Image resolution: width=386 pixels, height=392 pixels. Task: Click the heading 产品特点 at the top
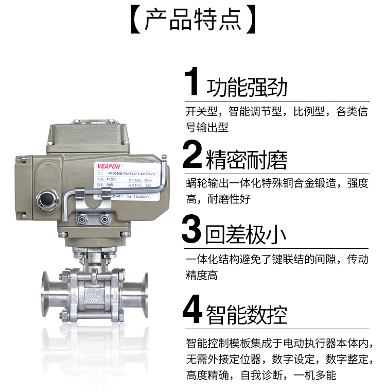(192, 19)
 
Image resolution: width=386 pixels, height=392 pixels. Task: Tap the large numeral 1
(192, 82)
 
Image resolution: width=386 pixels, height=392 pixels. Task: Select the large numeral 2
(192, 156)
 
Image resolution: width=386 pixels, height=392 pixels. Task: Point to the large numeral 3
(192, 230)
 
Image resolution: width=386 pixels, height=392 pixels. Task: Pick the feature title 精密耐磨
(247, 160)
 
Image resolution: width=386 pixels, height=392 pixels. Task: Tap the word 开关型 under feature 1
(202, 112)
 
